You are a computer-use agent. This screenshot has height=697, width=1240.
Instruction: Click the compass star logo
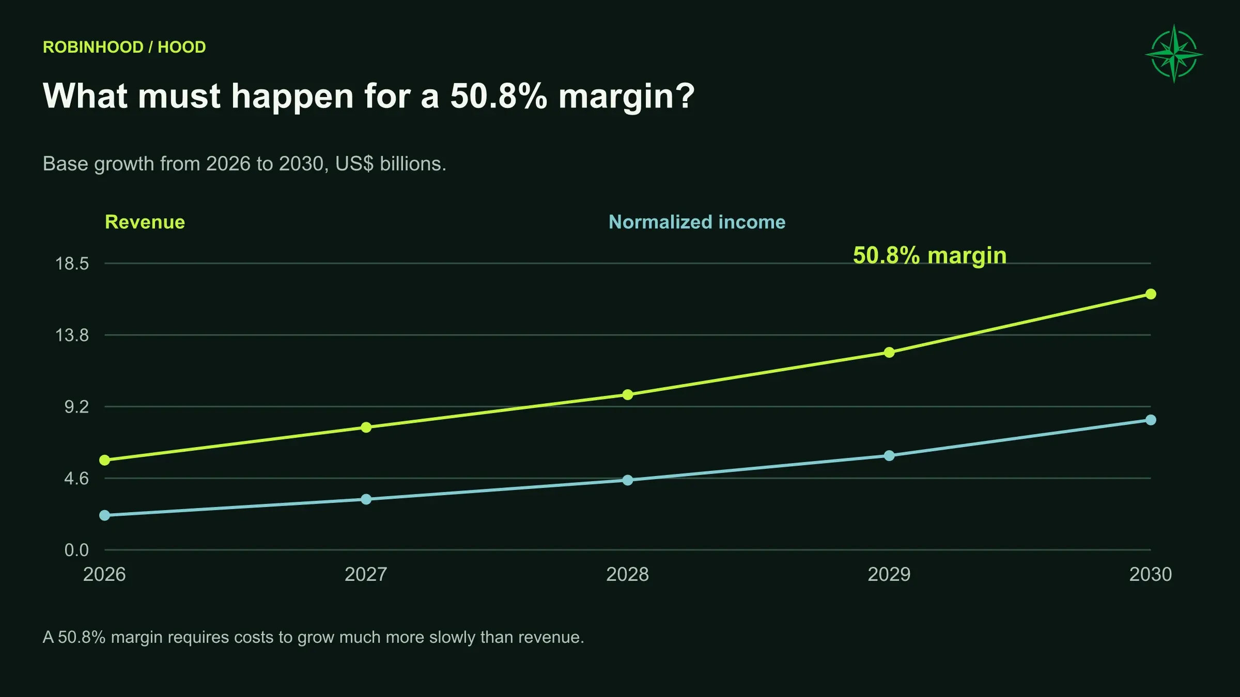pos(1174,54)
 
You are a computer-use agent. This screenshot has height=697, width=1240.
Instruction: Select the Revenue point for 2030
pos(1151,294)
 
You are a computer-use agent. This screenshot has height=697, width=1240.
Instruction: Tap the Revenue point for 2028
pos(628,395)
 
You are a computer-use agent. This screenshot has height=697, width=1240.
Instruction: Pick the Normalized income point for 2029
pos(889,456)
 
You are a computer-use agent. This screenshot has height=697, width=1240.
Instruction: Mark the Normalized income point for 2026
pos(105,515)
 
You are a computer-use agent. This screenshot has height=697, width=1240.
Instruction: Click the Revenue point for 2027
pos(366,427)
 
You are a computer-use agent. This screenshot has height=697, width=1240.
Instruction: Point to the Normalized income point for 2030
pos(1151,420)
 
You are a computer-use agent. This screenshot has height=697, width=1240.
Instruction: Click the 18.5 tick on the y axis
pos(72,264)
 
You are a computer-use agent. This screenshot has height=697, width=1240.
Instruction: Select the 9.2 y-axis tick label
pos(76,407)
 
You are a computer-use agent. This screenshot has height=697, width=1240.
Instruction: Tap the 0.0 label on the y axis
pos(76,550)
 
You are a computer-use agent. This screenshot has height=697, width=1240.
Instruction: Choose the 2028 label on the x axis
pos(627,575)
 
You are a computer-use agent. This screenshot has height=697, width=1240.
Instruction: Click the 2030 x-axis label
pos(1151,575)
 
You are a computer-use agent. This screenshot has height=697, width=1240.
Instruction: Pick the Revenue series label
pos(145,222)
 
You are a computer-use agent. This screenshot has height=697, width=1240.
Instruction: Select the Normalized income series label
pos(697,222)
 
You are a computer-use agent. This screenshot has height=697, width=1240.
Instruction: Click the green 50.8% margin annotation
pos(930,256)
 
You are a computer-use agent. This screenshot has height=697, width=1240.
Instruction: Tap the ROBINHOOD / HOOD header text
pos(125,47)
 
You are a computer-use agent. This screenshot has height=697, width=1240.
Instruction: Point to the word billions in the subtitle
pos(413,164)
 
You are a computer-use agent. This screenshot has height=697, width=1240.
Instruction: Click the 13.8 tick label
pos(72,336)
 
